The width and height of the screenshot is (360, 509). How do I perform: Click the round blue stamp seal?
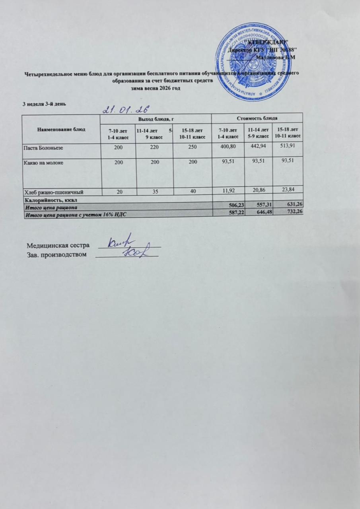pyautogui.click(x=253, y=62)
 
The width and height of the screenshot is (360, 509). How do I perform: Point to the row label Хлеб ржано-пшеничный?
pyautogui.click(x=54, y=192)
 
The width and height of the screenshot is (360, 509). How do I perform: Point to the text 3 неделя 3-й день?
pyautogui.click(x=43, y=104)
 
